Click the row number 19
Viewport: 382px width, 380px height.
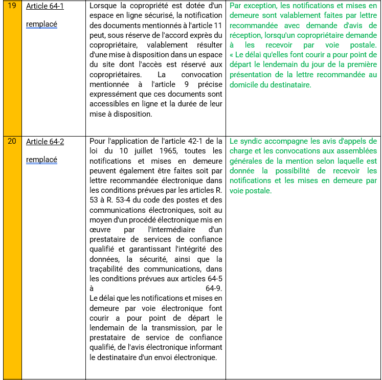[12, 7]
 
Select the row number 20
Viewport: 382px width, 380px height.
[12, 141]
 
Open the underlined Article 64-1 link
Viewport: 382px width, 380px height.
[45, 7]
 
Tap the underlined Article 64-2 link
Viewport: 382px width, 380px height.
[45, 141]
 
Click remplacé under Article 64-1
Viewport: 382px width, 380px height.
[41, 25]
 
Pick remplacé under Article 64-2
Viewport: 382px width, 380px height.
[41, 160]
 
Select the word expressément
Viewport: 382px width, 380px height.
[112, 94]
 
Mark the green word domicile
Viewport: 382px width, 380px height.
[248, 85]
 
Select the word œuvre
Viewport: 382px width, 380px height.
[100, 230]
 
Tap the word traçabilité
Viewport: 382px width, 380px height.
[108, 269]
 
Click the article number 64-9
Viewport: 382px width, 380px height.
[214, 288]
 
